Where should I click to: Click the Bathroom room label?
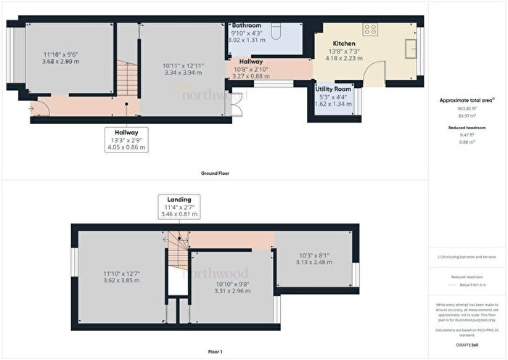(246, 25)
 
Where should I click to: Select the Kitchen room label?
(343, 44)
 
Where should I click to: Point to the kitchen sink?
(410, 51)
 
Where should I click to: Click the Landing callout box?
(179, 206)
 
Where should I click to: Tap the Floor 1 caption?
(216, 352)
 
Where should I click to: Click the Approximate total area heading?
(467, 101)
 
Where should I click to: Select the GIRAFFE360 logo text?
(467, 344)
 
